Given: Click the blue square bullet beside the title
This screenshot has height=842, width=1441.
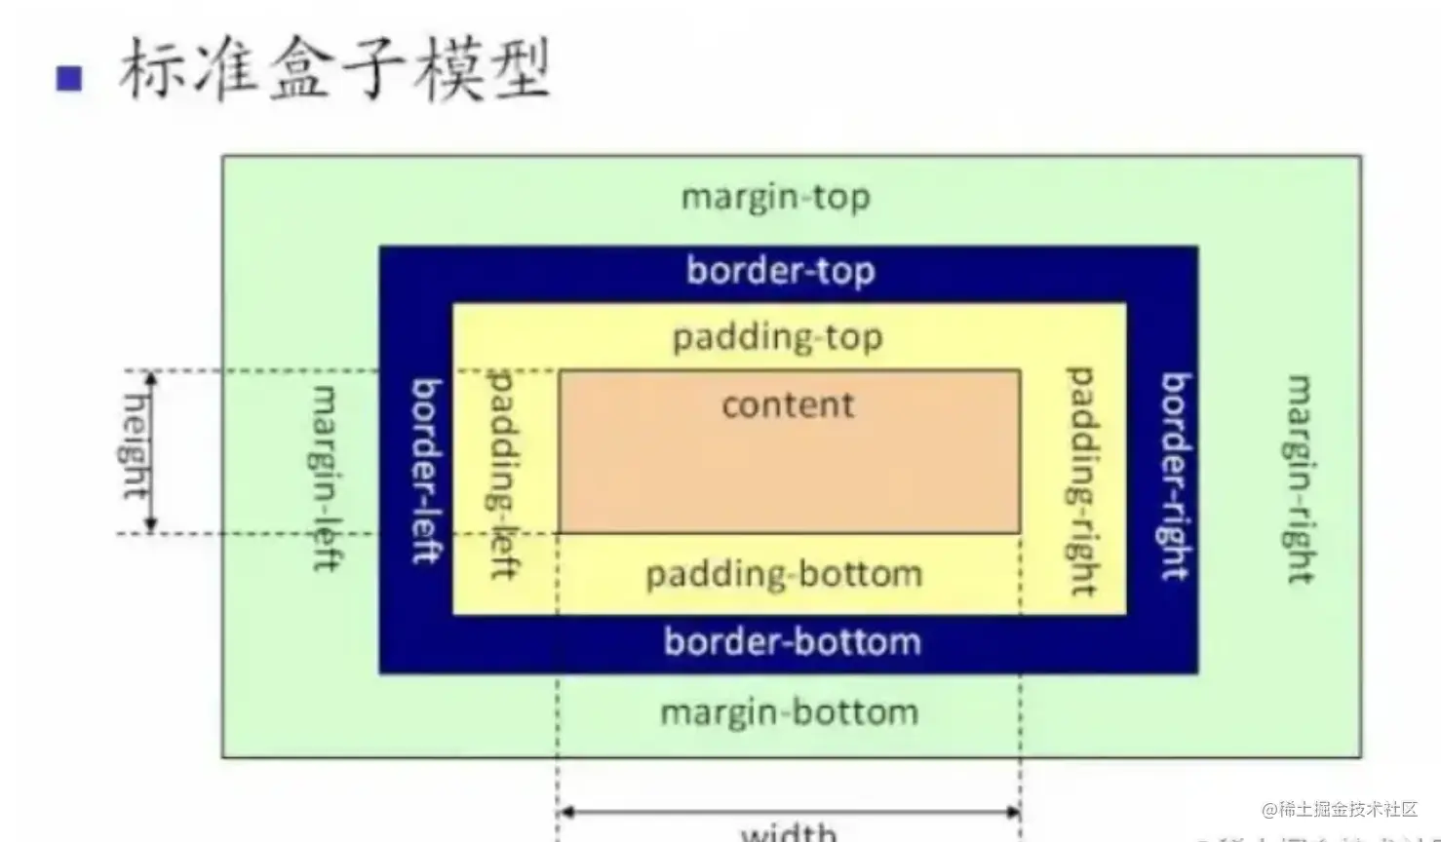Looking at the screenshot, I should tap(69, 78).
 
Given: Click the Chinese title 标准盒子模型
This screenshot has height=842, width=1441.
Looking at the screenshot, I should tap(334, 69).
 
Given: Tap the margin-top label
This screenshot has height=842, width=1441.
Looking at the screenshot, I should tap(775, 198).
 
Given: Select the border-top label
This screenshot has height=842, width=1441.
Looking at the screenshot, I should tap(780, 270).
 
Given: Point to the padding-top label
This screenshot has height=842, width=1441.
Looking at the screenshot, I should tap(777, 337).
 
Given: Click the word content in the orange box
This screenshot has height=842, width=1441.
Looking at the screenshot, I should tap(788, 404).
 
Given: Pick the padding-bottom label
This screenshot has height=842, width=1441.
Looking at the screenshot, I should tap(784, 574).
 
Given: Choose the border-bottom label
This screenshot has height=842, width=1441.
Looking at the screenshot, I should tap(792, 642).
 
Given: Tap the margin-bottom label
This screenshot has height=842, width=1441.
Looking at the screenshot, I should tap(789, 712).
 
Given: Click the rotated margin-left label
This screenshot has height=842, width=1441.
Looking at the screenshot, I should tap(325, 478).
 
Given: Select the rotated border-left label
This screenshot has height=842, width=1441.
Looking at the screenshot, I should tap(426, 472).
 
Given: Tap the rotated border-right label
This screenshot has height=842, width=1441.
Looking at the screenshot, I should tap(1175, 477).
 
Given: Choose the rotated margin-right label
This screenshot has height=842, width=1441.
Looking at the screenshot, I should tap(1301, 478).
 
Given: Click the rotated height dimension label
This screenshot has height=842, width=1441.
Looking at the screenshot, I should tap(136, 446).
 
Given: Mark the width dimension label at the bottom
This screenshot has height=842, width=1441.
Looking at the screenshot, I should tap(789, 832).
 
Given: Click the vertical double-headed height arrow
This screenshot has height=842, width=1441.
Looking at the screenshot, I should tap(151, 452).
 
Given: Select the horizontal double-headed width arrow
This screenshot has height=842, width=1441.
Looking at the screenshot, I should tap(789, 811).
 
